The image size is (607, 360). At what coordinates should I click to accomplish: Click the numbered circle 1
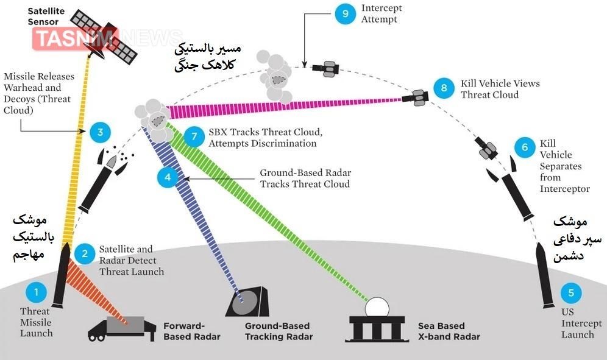coord(36,292)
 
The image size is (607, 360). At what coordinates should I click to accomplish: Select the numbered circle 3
coord(100,132)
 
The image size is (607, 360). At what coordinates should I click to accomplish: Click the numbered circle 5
coord(571,292)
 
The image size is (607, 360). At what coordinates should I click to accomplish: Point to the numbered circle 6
coord(522,147)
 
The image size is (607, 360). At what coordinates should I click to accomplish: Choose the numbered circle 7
coord(193,136)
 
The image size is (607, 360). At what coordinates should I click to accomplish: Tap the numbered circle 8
coord(444,88)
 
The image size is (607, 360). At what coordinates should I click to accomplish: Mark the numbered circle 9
coord(345,14)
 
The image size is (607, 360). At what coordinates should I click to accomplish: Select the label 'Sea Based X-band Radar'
coord(449,331)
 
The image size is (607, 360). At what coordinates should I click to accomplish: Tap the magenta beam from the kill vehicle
coord(286,105)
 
